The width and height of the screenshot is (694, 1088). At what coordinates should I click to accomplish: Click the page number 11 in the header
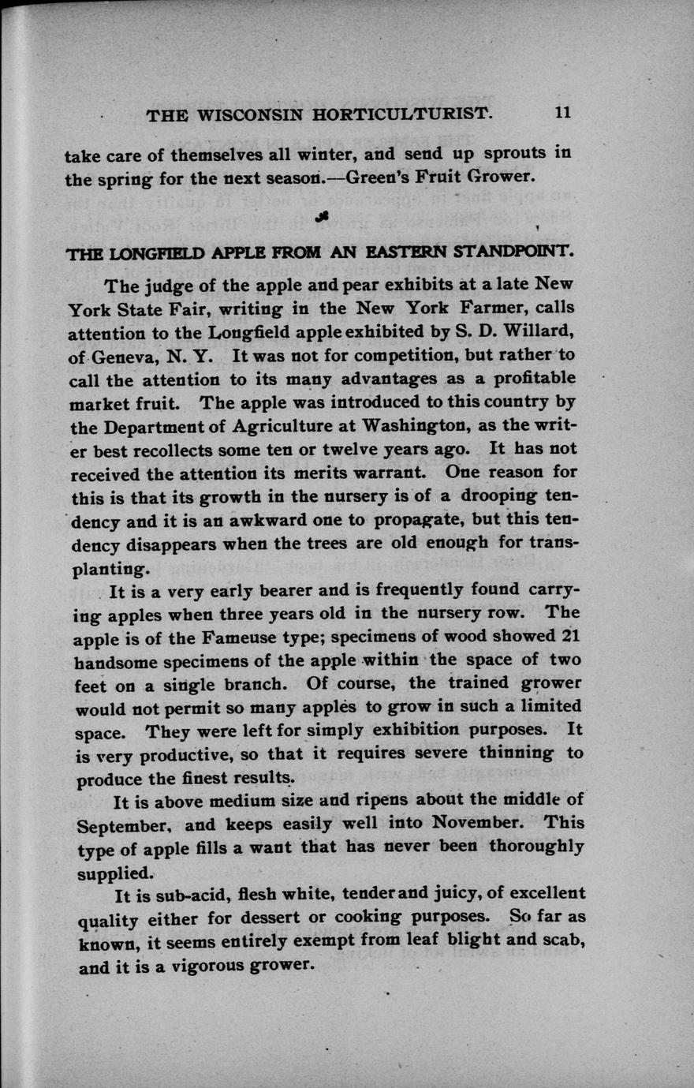click(x=562, y=113)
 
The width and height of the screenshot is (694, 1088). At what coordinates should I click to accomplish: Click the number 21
click(x=572, y=635)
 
